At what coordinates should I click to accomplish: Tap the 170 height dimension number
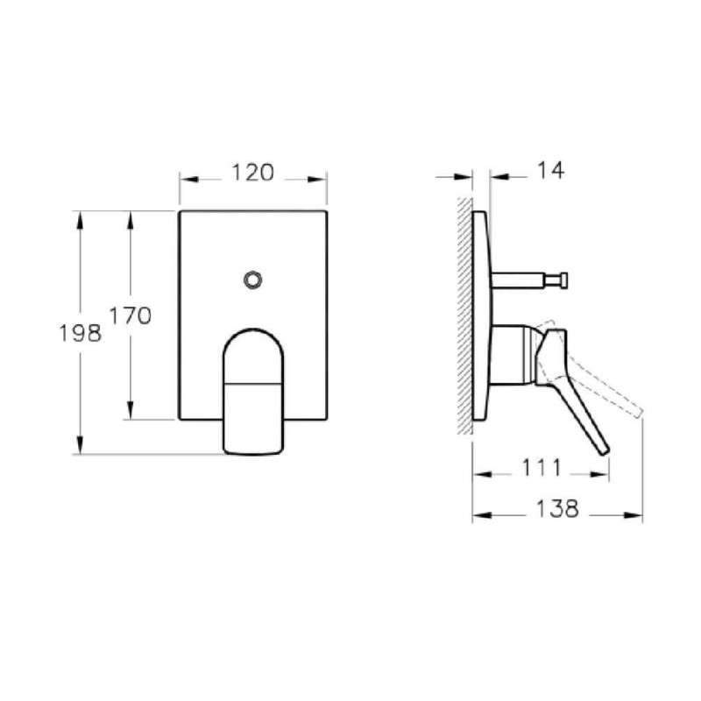click(131, 315)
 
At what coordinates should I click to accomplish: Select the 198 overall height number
click(80, 333)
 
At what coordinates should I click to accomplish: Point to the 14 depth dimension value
click(549, 171)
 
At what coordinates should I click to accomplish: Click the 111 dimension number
click(541, 469)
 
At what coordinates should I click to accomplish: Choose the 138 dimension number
click(558, 509)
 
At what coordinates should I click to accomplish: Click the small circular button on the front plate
click(253, 280)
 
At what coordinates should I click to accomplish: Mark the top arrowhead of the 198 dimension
click(80, 217)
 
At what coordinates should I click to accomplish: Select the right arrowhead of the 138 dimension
click(636, 515)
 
